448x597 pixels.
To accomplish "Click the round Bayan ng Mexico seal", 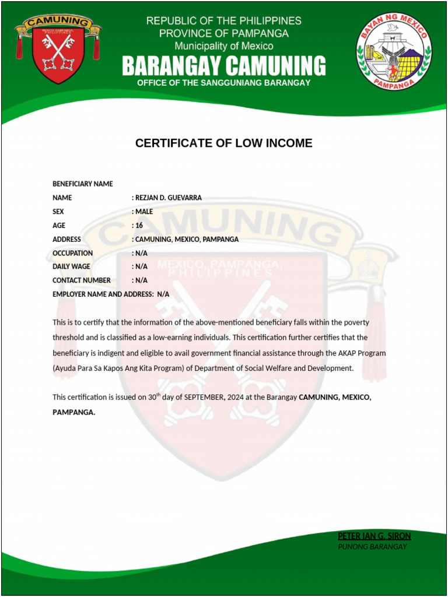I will point(394,51).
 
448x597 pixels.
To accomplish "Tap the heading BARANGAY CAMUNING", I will point(223,66).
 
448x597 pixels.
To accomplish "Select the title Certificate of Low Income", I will point(223,143).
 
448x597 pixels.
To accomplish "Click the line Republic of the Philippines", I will point(223,21).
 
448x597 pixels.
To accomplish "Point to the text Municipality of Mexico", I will point(223,45).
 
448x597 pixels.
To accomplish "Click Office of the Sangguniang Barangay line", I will point(223,83).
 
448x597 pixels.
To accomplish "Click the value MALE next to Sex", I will point(143,212).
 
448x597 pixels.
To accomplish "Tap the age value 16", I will point(139,226).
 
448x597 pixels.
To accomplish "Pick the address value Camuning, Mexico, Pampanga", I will point(187,240).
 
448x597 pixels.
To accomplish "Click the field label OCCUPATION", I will point(72,254).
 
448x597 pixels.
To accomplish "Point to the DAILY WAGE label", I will point(71,267).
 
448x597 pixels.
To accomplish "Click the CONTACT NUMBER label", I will point(81,280).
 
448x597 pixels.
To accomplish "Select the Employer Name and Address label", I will point(102,294).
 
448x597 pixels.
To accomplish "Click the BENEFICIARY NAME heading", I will point(82,184).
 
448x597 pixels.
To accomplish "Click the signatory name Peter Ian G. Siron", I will point(374,536).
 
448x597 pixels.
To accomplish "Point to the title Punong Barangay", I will point(372,547).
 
